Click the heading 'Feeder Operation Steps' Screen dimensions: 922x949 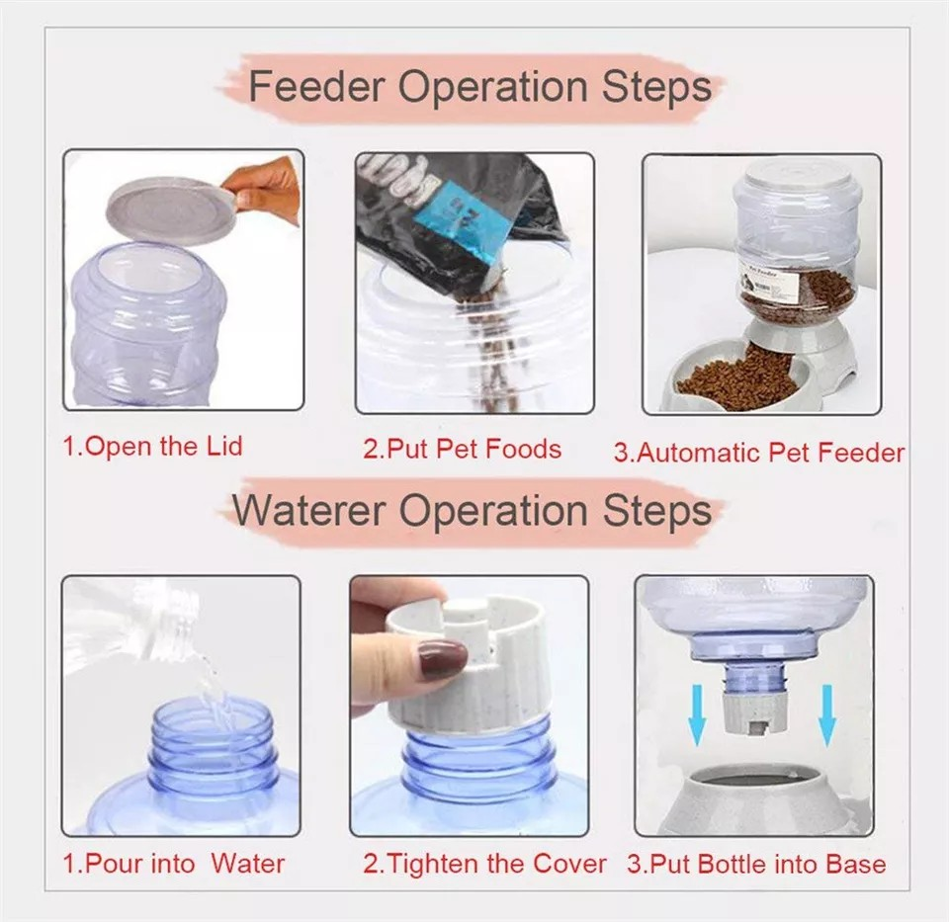point(479,87)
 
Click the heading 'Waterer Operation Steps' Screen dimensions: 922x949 point(473,511)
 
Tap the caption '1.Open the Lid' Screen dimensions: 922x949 point(152,446)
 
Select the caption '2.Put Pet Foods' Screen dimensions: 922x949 point(462,449)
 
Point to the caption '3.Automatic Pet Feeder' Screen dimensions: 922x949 point(758,453)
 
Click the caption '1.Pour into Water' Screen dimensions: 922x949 point(173,863)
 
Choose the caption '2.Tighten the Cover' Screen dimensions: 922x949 point(484,864)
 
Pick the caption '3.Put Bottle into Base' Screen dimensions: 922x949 point(756,864)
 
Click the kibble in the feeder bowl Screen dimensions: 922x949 point(735,373)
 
